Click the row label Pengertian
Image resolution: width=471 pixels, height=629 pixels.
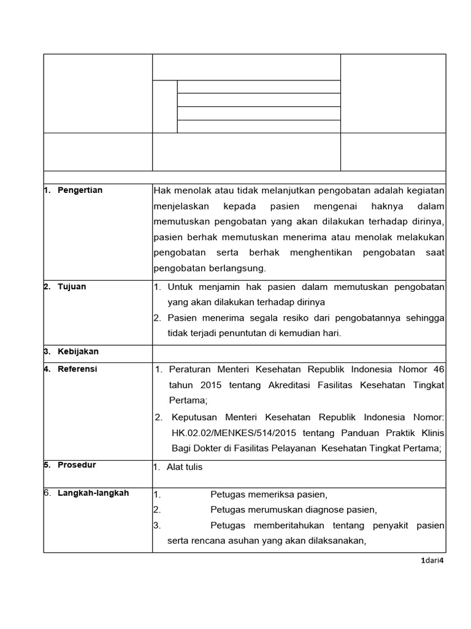(x=80, y=190)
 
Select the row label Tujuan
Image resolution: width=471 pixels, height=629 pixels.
(x=72, y=287)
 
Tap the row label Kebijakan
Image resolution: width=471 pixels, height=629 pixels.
(x=78, y=352)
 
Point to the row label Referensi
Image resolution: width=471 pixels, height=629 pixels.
(x=77, y=369)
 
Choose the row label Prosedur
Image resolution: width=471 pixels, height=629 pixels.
(x=76, y=465)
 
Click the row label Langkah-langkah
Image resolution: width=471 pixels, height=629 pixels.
(x=93, y=493)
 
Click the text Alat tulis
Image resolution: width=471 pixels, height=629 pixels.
(x=185, y=467)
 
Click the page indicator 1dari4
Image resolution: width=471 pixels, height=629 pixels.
(x=432, y=560)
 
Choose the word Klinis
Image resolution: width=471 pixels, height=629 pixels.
(x=431, y=432)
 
